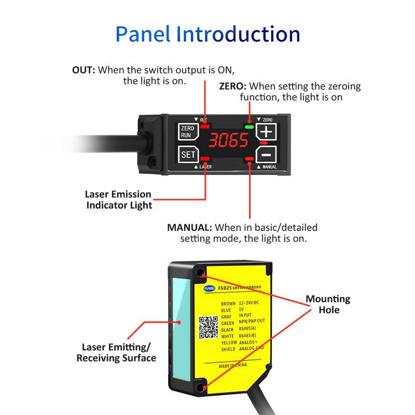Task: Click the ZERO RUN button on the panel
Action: (186, 131)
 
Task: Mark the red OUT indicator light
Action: (206, 126)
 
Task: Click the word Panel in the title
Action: (143, 34)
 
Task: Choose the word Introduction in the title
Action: (238, 34)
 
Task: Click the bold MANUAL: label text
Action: (189, 227)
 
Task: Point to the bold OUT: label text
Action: (83, 70)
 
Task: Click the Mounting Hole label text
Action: (327, 305)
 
